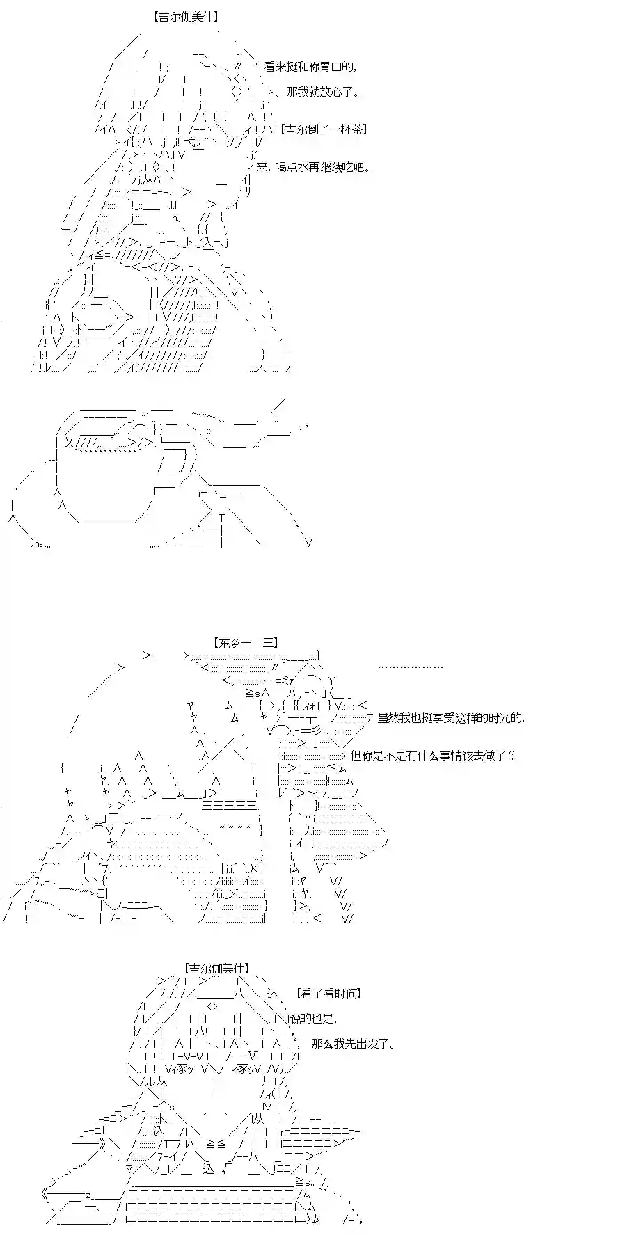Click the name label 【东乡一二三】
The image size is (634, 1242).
pyautogui.click(x=247, y=644)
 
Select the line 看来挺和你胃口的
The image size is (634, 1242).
pyautogui.click(x=311, y=67)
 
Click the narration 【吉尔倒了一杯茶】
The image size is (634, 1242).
pyautogui.click(x=324, y=129)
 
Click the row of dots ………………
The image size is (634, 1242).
pyautogui.click(x=410, y=666)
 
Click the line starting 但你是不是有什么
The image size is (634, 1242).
pyautogui.click(x=432, y=755)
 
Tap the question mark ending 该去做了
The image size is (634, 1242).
pyautogui.click(x=512, y=755)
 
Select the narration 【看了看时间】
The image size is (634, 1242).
pyautogui.click(x=327, y=994)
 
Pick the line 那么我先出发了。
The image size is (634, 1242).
pyautogui.click(x=354, y=1044)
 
